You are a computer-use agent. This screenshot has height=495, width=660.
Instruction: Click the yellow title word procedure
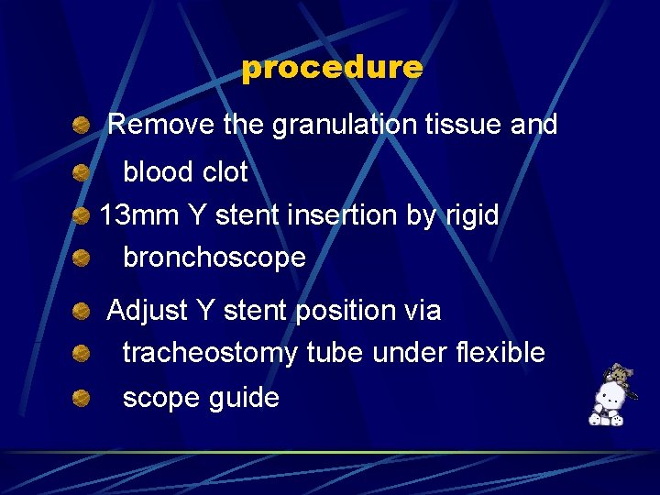pos(332,68)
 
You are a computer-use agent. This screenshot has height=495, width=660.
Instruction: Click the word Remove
pos(161,125)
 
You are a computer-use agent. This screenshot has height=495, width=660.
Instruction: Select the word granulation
pos(345,125)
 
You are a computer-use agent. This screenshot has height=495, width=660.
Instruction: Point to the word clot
pos(225,171)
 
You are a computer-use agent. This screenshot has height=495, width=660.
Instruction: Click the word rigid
pos(470,215)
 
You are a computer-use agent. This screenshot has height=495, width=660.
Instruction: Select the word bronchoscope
pos(214,258)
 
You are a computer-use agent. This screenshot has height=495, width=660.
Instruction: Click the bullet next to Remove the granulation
pos(82,125)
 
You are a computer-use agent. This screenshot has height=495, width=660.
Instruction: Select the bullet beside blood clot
pos(82,171)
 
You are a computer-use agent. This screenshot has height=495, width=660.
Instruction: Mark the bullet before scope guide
pos(82,398)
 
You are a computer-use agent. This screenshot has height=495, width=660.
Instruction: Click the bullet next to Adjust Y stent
pos(82,311)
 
